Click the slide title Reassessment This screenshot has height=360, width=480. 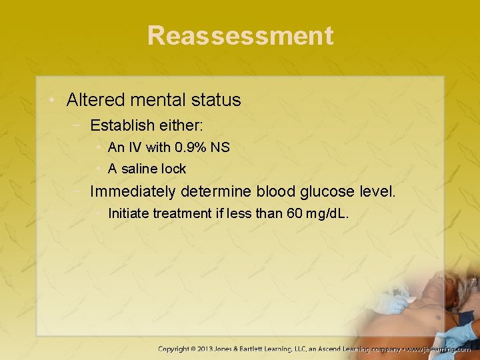coord(240,35)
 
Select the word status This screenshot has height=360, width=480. coord(219,101)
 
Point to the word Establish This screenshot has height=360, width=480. coord(122,125)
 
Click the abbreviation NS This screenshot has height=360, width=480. coord(220,147)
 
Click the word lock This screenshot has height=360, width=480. coord(174,169)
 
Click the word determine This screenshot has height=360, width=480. coord(220,192)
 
